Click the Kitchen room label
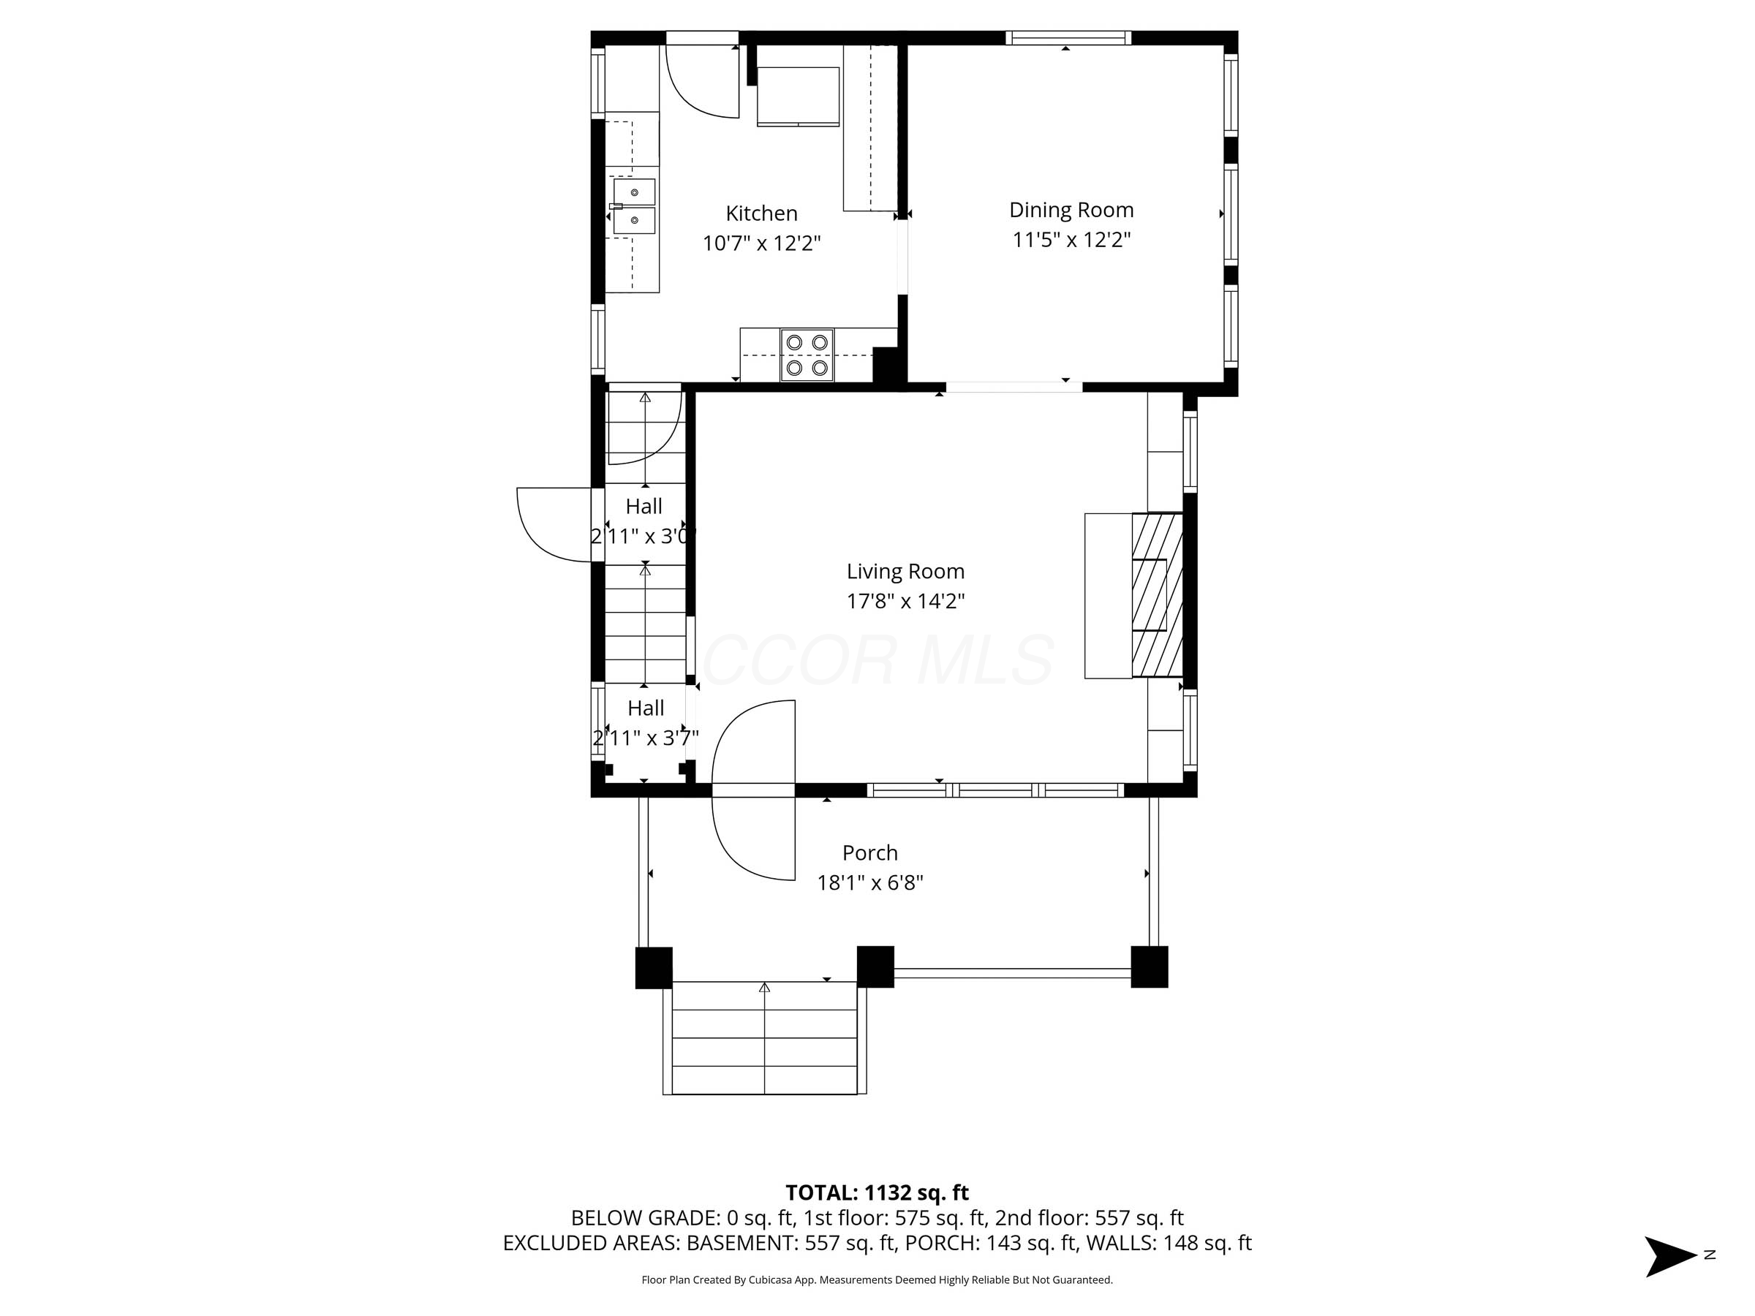761,213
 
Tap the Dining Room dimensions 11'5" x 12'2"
1071,240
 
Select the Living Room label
905,571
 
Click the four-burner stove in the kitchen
806,355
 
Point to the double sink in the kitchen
634,206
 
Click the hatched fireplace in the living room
1157,595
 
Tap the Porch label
869,852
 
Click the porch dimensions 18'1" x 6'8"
869,883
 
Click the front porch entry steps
764,1038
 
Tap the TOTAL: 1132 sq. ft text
877,1192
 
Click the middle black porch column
875,967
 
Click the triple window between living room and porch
995,790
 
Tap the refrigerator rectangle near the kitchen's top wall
797,97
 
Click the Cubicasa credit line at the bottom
877,1279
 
